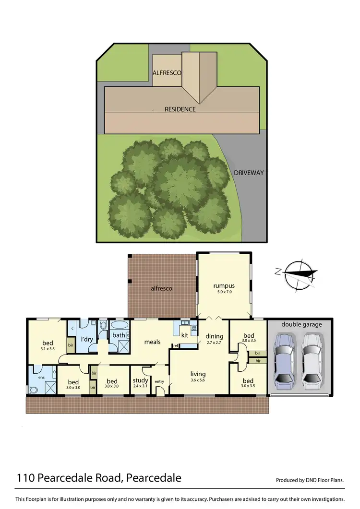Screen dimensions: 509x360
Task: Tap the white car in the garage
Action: [312, 361]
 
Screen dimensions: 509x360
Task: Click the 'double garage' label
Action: [301, 324]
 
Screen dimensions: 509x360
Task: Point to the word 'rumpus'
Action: [224, 286]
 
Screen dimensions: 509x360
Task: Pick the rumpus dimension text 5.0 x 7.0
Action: [224, 292]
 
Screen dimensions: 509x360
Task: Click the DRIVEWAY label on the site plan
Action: [249, 173]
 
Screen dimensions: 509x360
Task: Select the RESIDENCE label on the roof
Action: [180, 109]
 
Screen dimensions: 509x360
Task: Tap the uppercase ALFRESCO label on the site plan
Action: [167, 73]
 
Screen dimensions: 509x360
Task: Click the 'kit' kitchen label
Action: [185, 335]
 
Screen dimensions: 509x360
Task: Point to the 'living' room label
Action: [198, 374]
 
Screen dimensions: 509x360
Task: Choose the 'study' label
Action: [141, 380]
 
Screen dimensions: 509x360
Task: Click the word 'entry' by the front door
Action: [159, 382]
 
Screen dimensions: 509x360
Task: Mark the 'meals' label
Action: [152, 342]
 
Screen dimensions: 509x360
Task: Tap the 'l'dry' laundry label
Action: [87, 339]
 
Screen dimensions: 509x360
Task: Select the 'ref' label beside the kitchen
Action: [176, 345]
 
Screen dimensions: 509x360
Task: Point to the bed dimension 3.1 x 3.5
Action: [48, 349]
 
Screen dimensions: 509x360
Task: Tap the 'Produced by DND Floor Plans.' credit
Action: [310, 480]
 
